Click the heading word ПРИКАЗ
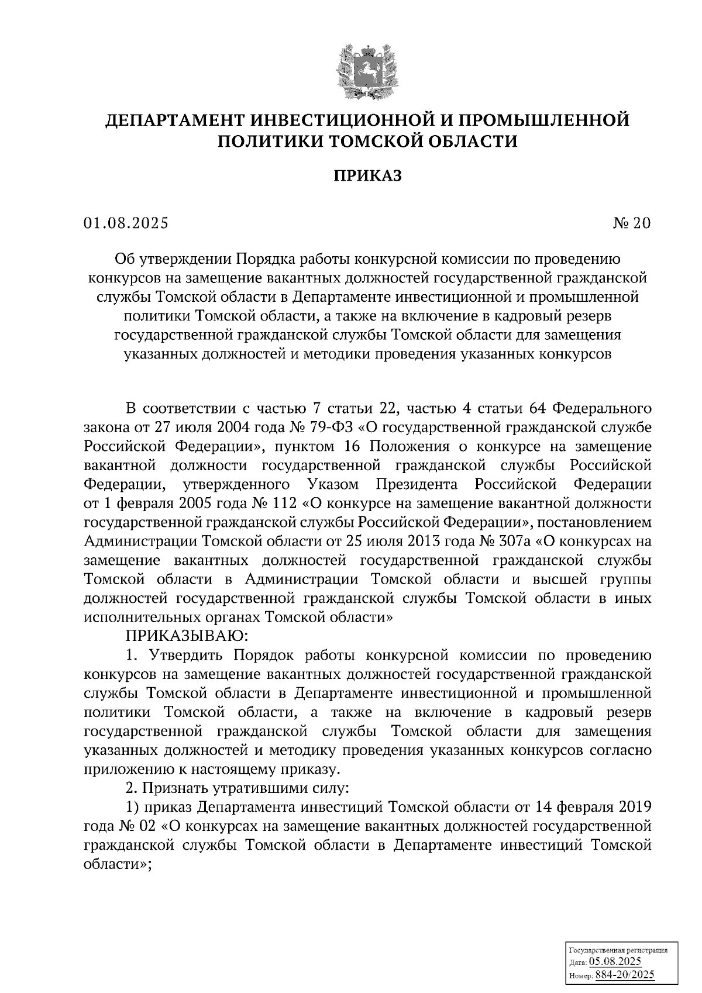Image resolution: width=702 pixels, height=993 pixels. [x=367, y=175]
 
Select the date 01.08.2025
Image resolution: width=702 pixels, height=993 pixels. [x=125, y=223]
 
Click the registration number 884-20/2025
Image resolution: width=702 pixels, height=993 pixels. [x=624, y=975]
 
